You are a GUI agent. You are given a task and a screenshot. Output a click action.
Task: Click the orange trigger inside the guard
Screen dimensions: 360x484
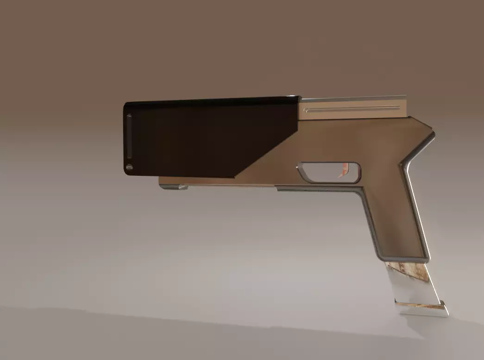pos(343,170)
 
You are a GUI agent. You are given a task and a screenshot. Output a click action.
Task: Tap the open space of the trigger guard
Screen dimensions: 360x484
pos(324,172)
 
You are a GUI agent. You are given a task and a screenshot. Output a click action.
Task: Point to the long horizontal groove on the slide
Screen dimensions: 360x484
pos(352,109)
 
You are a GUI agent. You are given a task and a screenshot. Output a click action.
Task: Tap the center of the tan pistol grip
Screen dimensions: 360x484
pos(394,217)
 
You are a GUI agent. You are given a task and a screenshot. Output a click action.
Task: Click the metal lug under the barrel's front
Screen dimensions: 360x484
pos(174,186)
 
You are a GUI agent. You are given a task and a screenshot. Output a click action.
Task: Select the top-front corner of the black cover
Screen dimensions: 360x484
pos(126,105)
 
